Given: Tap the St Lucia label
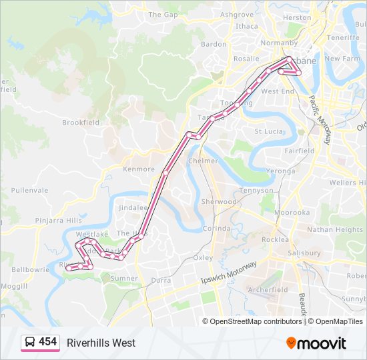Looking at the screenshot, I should click(269, 131).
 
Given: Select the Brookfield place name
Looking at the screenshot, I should click(81, 123).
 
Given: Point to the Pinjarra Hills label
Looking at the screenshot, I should click(59, 220).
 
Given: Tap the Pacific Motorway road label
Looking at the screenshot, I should click(320, 120).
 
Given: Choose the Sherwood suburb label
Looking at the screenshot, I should click(218, 201).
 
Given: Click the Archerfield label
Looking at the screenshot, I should click(268, 290).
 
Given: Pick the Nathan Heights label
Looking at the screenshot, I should click(334, 230).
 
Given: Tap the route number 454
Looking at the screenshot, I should click(47, 342).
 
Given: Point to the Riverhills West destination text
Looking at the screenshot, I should click(101, 343).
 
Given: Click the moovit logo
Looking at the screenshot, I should click(316, 343).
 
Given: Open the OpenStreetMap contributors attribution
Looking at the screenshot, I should click(256, 321).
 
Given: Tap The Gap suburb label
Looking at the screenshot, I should click(163, 14).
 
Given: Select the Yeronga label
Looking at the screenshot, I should click(280, 171).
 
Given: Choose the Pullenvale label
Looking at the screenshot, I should click(29, 190).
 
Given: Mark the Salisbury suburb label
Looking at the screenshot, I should click(304, 254).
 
